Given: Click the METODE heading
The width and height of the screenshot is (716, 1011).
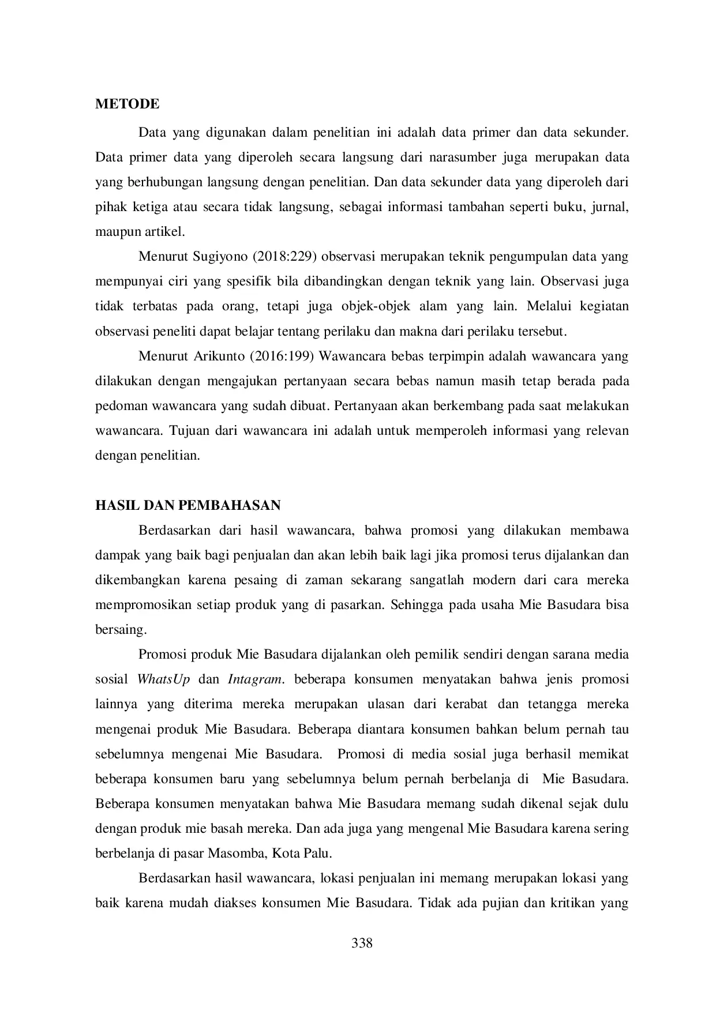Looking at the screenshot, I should coord(127,104).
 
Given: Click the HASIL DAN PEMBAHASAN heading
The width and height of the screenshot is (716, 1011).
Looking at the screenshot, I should coord(188,506).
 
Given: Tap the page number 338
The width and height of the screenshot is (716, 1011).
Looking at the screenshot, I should coord(362,944).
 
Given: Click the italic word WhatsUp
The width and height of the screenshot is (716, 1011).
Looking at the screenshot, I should coord(163,679).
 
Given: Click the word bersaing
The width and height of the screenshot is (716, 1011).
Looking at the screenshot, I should coord(121,630).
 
